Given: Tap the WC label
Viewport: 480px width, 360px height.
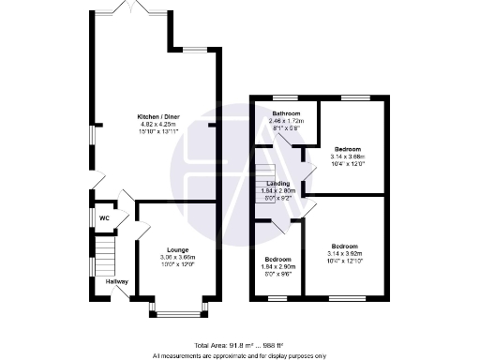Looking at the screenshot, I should [105, 218].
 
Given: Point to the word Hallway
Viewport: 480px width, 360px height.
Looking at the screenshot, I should [117, 281].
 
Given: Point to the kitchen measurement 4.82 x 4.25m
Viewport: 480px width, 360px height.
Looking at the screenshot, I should [159, 124].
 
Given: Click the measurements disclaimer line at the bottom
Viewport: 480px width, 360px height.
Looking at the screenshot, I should [239, 355].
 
